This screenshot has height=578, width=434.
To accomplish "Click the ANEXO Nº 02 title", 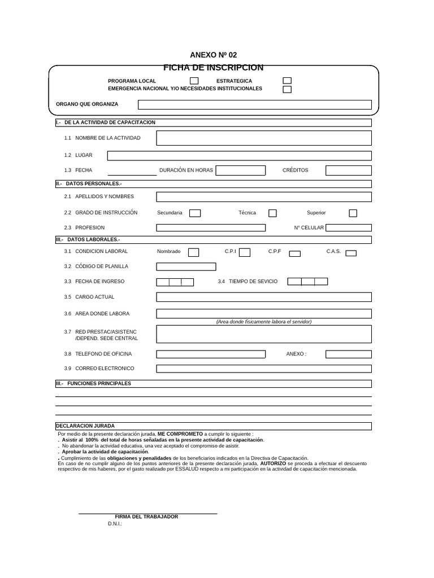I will pyautogui.click(x=214, y=55).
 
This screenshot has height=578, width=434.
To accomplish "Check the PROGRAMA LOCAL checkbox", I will pyautogui.click(x=194, y=81).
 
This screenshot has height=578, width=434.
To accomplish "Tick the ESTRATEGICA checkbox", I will pyautogui.click(x=287, y=81).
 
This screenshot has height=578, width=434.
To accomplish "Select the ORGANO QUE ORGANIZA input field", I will pyautogui.click(x=255, y=104).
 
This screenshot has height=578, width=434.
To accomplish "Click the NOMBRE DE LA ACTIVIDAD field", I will pyautogui.click(x=264, y=138).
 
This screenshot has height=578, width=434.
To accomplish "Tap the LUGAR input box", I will pyautogui.click(x=240, y=156).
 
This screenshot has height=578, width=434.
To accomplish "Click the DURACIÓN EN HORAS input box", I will pyautogui.click(x=240, y=170).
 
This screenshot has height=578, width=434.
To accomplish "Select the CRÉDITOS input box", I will pyautogui.click(x=349, y=170).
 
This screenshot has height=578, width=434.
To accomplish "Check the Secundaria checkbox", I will pyautogui.click(x=194, y=213).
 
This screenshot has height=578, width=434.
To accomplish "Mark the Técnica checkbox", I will pyautogui.click(x=272, y=213).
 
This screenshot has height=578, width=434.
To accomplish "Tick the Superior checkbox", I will pyautogui.click(x=353, y=213).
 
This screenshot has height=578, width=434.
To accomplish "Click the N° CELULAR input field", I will pyautogui.click(x=349, y=228).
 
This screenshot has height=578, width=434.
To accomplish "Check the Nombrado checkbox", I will pyautogui.click(x=193, y=252).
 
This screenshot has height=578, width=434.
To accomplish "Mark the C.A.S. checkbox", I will pyautogui.click(x=351, y=253).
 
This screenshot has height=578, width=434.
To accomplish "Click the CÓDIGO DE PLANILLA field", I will pyautogui.click(x=186, y=266).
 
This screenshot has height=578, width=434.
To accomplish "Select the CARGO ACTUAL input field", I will pyautogui.click(x=264, y=297).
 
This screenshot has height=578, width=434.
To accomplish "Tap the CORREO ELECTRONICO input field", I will pyautogui.click(x=264, y=369).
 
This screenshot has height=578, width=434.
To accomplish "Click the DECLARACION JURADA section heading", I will pyautogui.click(x=85, y=426).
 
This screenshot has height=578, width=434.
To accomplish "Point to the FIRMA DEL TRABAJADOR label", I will pyautogui.click(x=146, y=517).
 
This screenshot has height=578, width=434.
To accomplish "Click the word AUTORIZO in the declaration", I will pyautogui.click(x=273, y=463).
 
